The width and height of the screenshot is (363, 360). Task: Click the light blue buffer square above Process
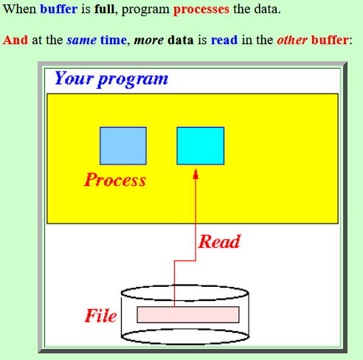(x=123, y=146)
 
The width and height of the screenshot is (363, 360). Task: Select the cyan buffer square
(x=201, y=146)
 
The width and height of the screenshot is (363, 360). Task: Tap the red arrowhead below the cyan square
(x=196, y=174)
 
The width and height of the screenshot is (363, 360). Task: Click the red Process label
(x=115, y=180)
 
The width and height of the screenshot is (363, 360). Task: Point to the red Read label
(x=219, y=241)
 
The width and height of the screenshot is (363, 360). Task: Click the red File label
(x=100, y=316)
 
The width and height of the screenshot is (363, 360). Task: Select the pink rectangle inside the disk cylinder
(x=188, y=314)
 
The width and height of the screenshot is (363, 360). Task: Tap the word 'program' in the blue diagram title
(x=133, y=80)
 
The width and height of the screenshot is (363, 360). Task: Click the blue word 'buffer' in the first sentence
(x=59, y=9)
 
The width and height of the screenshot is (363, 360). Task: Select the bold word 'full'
(x=104, y=9)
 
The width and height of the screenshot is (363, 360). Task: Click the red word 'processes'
(x=201, y=10)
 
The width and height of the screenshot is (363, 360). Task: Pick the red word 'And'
(x=15, y=40)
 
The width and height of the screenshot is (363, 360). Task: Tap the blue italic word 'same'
(x=81, y=41)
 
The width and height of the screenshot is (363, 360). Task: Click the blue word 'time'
(x=114, y=40)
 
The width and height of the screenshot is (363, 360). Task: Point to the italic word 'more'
(x=149, y=41)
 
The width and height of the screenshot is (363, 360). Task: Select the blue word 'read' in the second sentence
(x=224, y=40)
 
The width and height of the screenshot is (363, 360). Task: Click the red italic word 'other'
(x=292, y=40)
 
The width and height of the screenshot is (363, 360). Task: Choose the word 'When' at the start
(x=19, y=9)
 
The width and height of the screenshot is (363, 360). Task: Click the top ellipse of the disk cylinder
(x=185, y=285)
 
